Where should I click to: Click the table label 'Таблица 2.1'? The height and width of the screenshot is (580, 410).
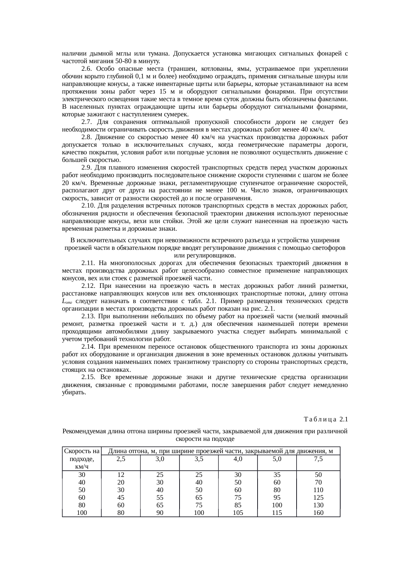pos(325,419)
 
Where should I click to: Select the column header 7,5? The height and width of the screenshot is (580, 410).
pos(318,459)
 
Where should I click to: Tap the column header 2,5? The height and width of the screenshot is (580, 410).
pos(121,459)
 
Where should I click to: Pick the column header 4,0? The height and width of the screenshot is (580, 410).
pos(238,459)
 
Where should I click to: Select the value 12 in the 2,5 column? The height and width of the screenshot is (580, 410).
pos(121,475)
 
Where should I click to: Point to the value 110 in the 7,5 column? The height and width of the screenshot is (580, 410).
pos(318,490)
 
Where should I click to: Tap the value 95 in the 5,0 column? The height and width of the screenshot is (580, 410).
pos(277,497)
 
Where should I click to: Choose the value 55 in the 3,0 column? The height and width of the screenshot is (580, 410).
pos(160,497)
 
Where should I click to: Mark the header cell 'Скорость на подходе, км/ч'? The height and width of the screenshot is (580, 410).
pos(82,459)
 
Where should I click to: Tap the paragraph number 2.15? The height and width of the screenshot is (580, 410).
pos(88,377)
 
